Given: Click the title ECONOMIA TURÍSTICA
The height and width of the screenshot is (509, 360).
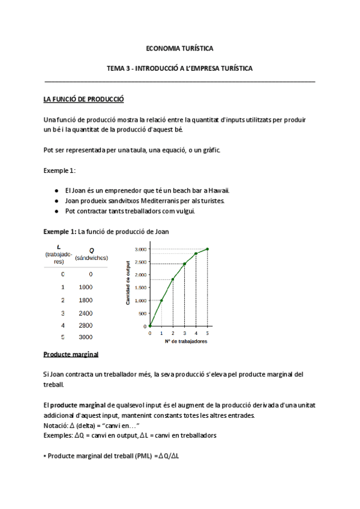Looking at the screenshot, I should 180,47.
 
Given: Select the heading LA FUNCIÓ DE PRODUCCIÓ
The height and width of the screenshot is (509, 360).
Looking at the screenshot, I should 83,98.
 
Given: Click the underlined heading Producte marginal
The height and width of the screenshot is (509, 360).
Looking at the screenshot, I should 71,355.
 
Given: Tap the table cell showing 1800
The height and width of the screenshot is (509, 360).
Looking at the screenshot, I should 86,300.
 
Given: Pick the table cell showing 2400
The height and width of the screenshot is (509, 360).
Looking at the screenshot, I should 86,313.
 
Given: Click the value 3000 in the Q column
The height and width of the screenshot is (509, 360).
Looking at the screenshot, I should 86,337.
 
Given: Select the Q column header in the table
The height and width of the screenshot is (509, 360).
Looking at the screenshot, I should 91,254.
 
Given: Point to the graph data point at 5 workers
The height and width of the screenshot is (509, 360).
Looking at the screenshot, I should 208,249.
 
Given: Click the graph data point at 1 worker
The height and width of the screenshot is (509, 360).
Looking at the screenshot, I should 161,301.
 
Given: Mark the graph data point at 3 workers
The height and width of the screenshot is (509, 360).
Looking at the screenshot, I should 184,264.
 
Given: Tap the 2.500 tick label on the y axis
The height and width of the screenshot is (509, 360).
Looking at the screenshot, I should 139,262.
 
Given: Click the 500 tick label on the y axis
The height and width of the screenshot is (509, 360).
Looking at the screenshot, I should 142,313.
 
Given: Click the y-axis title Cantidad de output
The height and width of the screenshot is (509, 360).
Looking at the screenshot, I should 128,283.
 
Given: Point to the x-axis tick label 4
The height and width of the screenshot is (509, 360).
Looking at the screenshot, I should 196,333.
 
